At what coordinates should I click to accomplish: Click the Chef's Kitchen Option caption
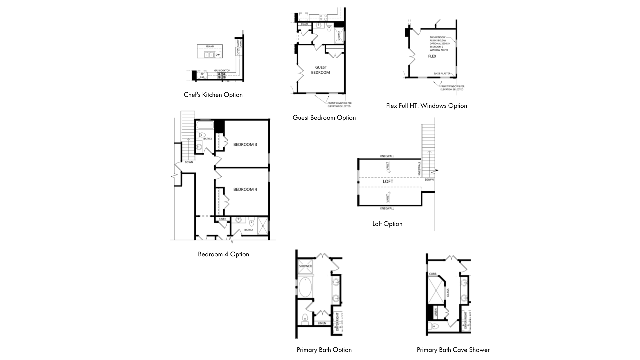tap(213, 95)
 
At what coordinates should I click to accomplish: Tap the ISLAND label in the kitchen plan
tap(210, 46)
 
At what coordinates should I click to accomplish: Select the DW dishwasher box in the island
tap(218, 55)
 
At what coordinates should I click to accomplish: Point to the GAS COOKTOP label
tap(222, 71)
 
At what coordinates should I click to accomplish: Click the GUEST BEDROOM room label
tap(321, 70)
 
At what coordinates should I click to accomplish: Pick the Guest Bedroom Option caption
tap(324, 118)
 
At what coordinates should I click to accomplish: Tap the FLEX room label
tap(432, 56)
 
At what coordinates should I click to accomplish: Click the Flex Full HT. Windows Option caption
tap(426, 106)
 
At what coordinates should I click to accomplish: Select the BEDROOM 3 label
tap(245, 145)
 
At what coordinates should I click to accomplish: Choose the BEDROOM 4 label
tap(245, 189)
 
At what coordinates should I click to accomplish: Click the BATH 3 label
tap(207, 139)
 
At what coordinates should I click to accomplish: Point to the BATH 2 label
tap(248, 230)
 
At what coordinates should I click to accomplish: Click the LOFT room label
tap(388, 182)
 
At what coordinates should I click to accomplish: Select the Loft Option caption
tap(387, 224)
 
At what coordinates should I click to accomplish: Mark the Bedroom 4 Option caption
tap(223, 254)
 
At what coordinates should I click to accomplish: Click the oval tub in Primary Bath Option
tap(305, 287)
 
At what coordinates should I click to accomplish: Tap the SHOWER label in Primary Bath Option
tap(305, 266)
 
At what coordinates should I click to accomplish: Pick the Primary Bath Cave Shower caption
tap(453, 350)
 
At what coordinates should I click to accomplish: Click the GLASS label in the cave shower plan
tap(448, 293)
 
